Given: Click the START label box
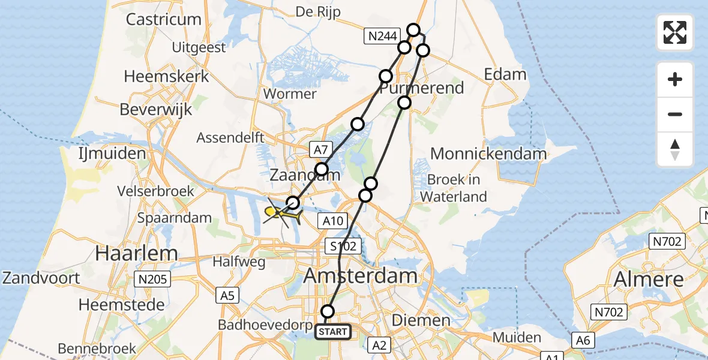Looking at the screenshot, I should (333, 331).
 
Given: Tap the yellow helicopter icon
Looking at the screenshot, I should (281, 212).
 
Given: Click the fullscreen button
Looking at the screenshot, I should (675, 32).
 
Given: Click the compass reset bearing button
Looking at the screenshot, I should (675, 149).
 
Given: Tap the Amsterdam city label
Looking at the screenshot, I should (361, 276).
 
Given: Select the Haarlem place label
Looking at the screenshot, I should (136, 253).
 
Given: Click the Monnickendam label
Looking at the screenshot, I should (488, 154).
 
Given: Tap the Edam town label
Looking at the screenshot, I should (505, 74).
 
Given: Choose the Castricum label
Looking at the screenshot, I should (163, 19).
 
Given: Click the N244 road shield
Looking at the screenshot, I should (382, 37).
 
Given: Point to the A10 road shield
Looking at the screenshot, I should (332, 221).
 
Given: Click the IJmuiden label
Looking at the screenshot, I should (112, 154).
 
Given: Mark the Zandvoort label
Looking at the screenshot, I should (41, 278).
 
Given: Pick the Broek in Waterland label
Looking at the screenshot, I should (453, 188).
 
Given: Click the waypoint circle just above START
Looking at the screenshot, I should (328, 311).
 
